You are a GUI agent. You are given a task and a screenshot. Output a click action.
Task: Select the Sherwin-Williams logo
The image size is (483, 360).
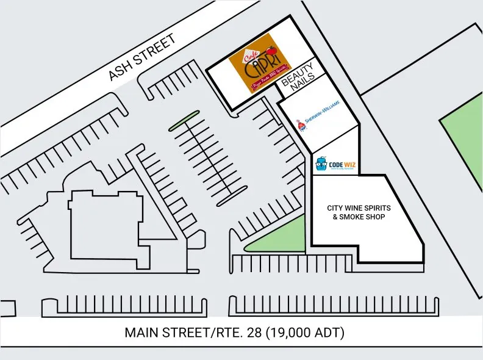tap(317, 120)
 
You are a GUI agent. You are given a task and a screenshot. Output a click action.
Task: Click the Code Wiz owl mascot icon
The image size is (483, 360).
tap(321, 164)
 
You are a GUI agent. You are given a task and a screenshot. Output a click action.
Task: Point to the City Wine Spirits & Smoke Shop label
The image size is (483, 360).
tap(359, 212)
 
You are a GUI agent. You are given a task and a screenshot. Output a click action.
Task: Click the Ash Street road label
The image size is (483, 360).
tap(142, 57)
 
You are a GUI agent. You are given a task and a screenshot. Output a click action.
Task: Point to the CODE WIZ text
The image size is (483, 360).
tap(342, 164)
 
